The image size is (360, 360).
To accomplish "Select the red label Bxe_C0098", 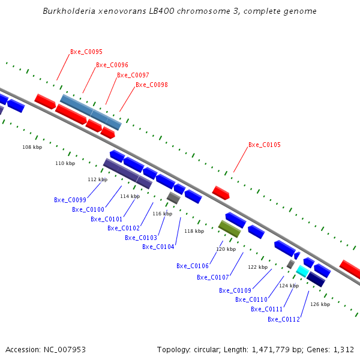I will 151,85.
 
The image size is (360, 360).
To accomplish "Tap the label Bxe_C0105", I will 264,145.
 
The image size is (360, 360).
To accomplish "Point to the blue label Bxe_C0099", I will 70,200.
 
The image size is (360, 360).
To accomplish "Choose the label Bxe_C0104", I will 158,247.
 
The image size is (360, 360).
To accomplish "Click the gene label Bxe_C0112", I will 283,319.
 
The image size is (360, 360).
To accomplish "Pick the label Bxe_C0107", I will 212,278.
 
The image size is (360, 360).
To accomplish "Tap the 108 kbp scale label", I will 32,147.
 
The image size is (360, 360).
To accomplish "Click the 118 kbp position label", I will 194,231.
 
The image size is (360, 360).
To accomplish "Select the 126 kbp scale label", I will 320,304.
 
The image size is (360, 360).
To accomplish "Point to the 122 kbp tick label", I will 257,267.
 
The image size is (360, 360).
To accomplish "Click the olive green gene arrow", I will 229,229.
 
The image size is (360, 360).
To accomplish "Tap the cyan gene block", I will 303,271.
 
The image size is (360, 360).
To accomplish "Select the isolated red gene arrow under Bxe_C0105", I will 221,193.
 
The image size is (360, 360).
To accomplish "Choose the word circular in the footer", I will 203,349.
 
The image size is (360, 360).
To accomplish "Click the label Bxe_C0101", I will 106,220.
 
